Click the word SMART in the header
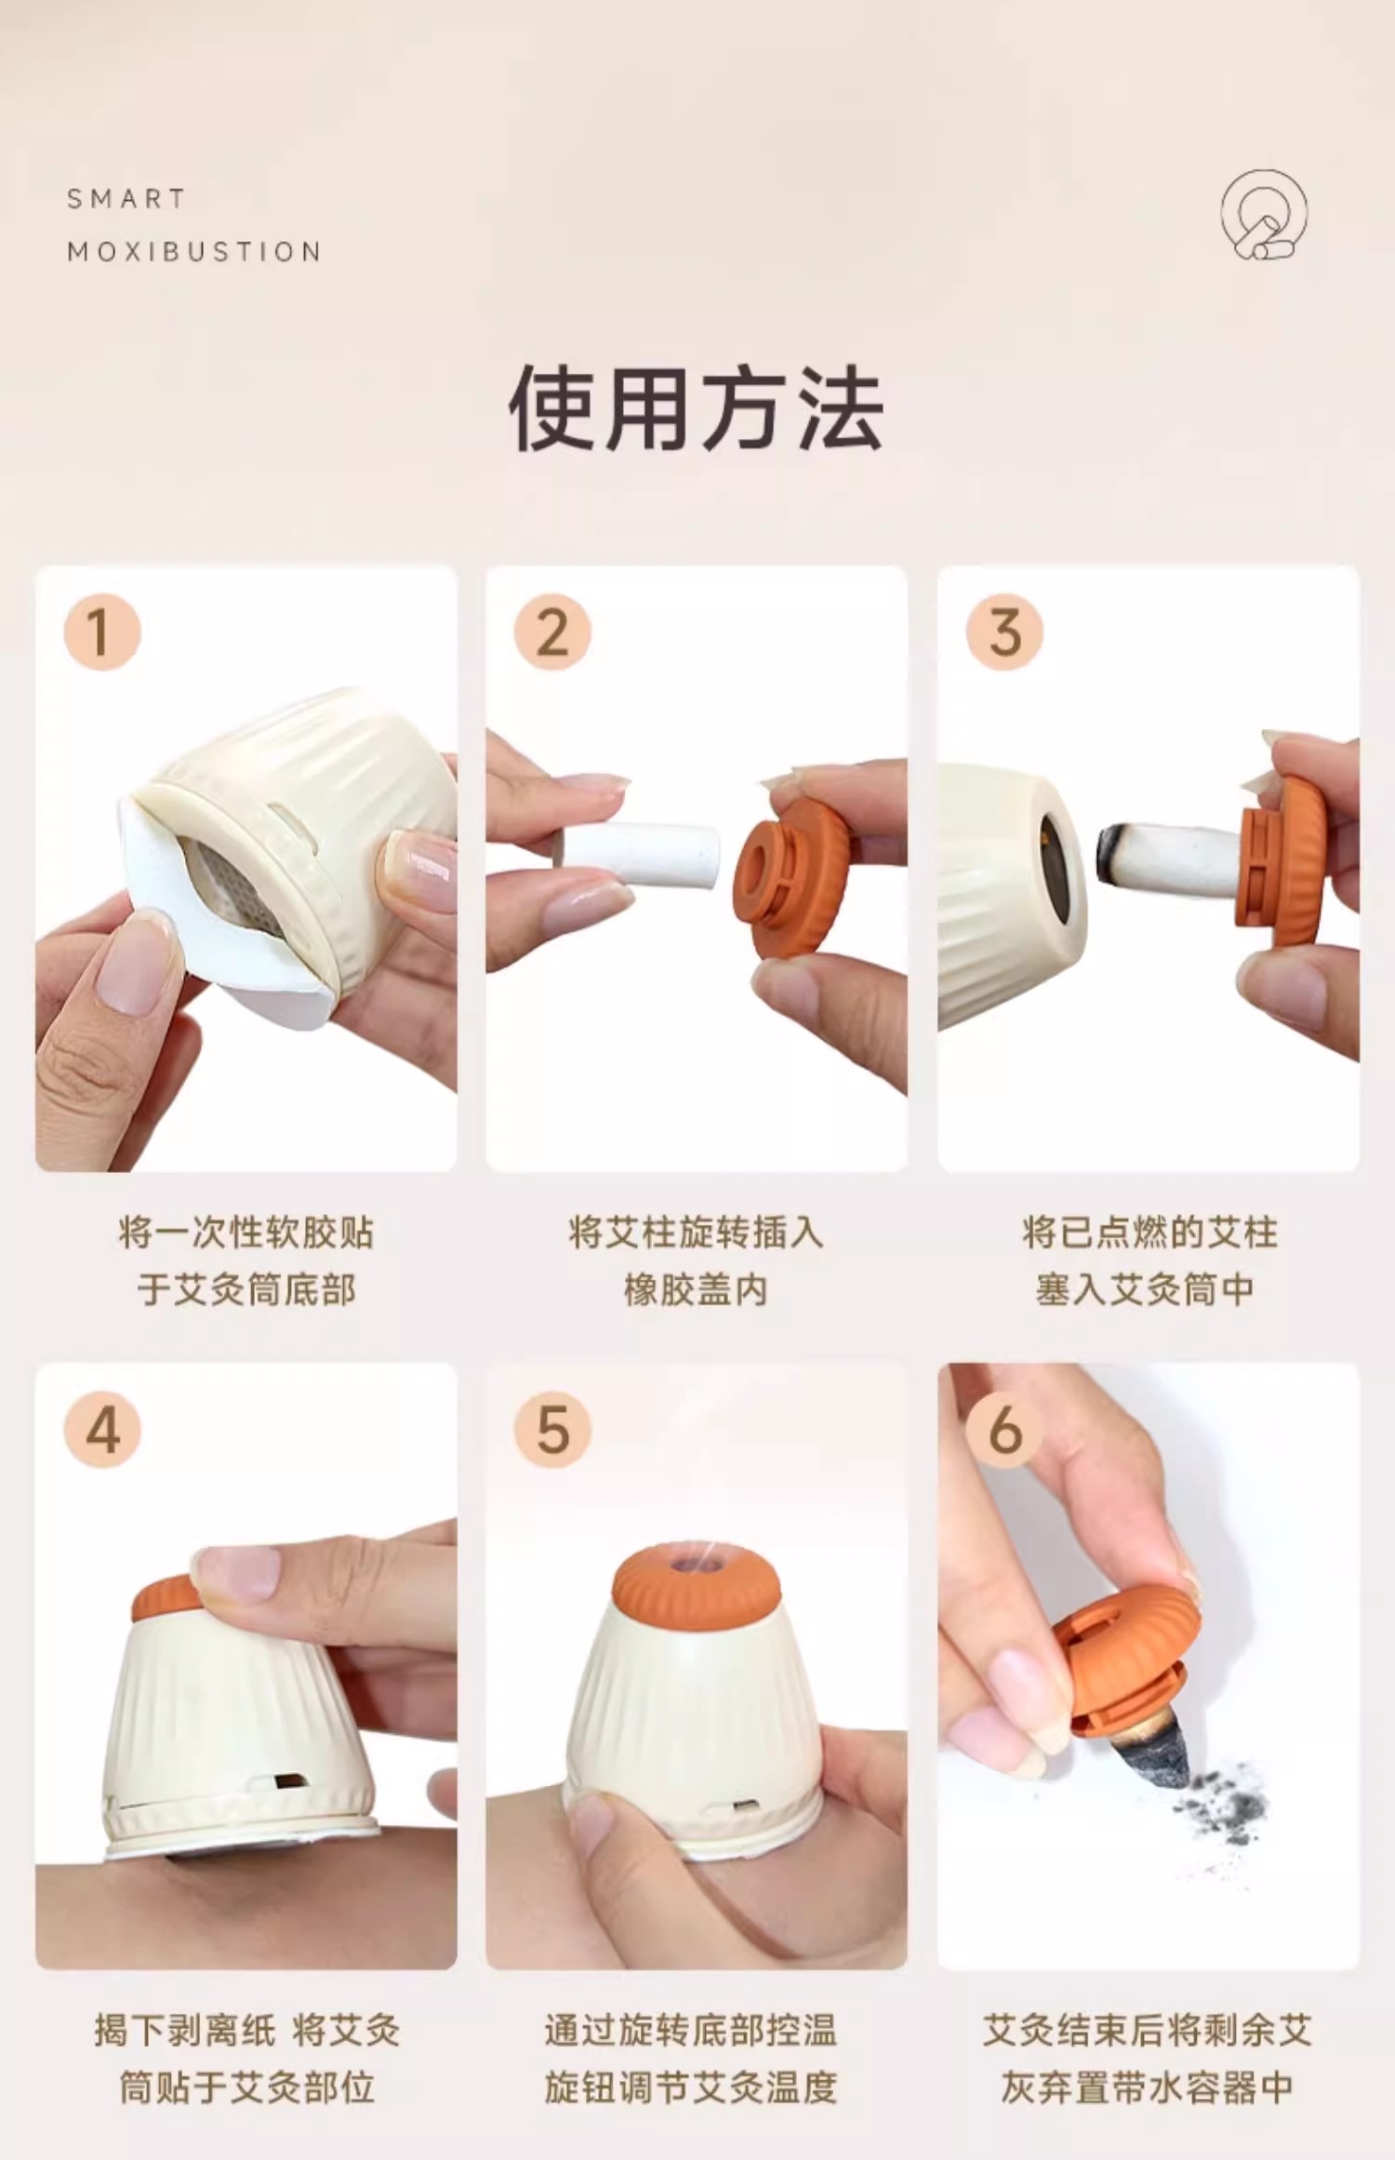pos(126,199)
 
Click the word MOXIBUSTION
pos(194,251)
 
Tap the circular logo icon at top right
pos(1264,215)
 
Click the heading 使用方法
pos(697,408)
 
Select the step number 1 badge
pos(101,632)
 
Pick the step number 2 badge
pos(552,632)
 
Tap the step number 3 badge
pos(1004,632)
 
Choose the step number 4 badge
pos(101,1430)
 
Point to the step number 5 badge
pos(552,1430)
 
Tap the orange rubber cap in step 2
pos(792,877)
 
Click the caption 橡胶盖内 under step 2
pos(696,1290)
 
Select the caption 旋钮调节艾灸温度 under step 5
pos(691,2087)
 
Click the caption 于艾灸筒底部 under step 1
pos(246,1290)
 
